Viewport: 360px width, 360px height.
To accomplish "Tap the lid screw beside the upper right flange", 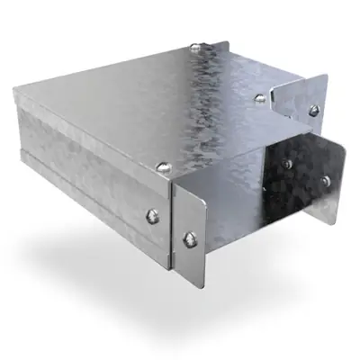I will click(260, 97).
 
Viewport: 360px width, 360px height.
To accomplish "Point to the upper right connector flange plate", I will click(297, 94).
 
